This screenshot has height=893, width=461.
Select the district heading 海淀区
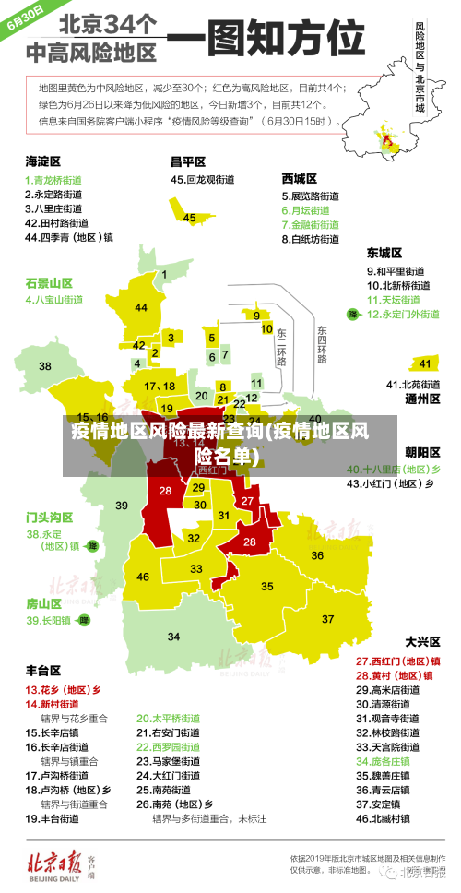click(42, 161)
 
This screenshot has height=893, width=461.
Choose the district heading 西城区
click(299, 177)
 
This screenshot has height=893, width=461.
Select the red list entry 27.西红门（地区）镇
click(397, 661)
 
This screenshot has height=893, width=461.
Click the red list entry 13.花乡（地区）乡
click(63, 689)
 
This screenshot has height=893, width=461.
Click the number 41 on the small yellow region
click(424, 363)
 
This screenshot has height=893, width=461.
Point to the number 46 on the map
click(143, 577)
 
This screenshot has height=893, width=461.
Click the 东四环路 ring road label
click(322, 344)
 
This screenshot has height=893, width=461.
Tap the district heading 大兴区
click(422, 640)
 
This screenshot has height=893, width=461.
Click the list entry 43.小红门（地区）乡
click(393, 482)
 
